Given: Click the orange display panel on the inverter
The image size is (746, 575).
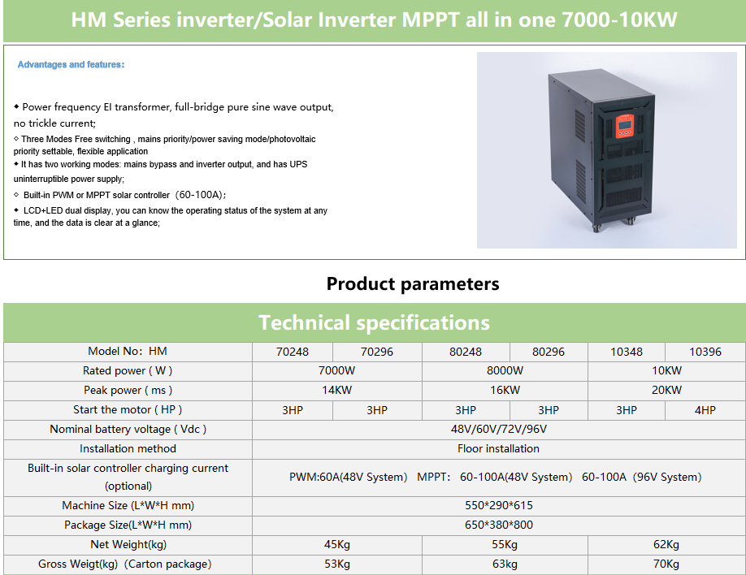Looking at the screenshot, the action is pyautogui.click(x=625, y=126).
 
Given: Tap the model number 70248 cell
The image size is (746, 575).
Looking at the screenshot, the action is pyautogui.click(x=292, y=352).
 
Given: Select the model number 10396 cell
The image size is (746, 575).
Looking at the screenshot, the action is pyautogui.click(x=705, y=352).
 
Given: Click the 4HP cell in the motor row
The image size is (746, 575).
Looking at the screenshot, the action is pyautogui.click(x=705, y=410).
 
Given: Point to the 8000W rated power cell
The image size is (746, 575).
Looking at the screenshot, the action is pyautogui.click(x=505, y=370).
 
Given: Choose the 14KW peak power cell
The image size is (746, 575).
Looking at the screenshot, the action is pyautogui.click(x=337, y=390).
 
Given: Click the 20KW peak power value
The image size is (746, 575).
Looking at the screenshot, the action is pyautogui.click(x=666, y=390).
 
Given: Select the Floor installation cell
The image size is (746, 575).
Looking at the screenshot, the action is pyautogui.click(x=499, y=448).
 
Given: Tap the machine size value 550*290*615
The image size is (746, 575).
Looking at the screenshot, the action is pyautogui.click(x=499, y=505).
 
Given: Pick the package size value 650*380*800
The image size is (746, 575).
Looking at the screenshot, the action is pyautogui.click(x=499, y=525).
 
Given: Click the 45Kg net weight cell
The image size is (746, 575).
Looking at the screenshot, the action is pyautogui.click(x=337, y=544).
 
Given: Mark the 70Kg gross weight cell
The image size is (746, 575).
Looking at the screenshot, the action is pyautogui.click(x=666, y=564).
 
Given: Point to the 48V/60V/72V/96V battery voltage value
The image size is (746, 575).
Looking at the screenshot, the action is pyautogui.click(x=499, y=429).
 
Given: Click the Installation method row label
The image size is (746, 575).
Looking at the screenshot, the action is pyautogui.click(x=128, y=448).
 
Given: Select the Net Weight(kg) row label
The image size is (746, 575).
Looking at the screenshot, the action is pyautogui.click(x=128, y=544).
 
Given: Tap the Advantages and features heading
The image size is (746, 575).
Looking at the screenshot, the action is pyautogui.click(x=71, y=64).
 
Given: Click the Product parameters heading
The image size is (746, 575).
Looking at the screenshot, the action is pyautogui.click(x=413, y=283).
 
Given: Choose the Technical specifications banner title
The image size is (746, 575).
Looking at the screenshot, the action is pyautogui.click(x=374, y=322).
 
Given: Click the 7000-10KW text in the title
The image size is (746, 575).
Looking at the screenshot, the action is pyautogui.click(x=619, y=19).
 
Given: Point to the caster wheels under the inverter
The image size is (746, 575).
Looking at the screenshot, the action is pyautogui.click(x=614, y=224).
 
